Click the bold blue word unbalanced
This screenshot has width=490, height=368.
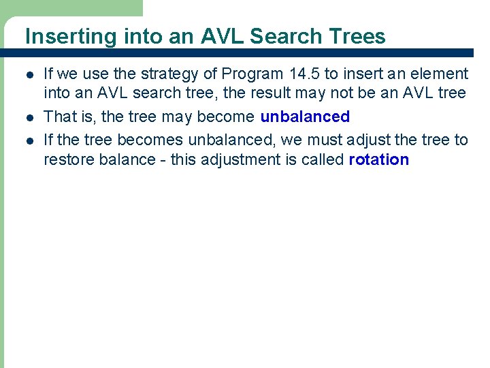[x=305, y=117]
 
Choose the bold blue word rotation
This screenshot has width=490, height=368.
[x=378, y=160]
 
